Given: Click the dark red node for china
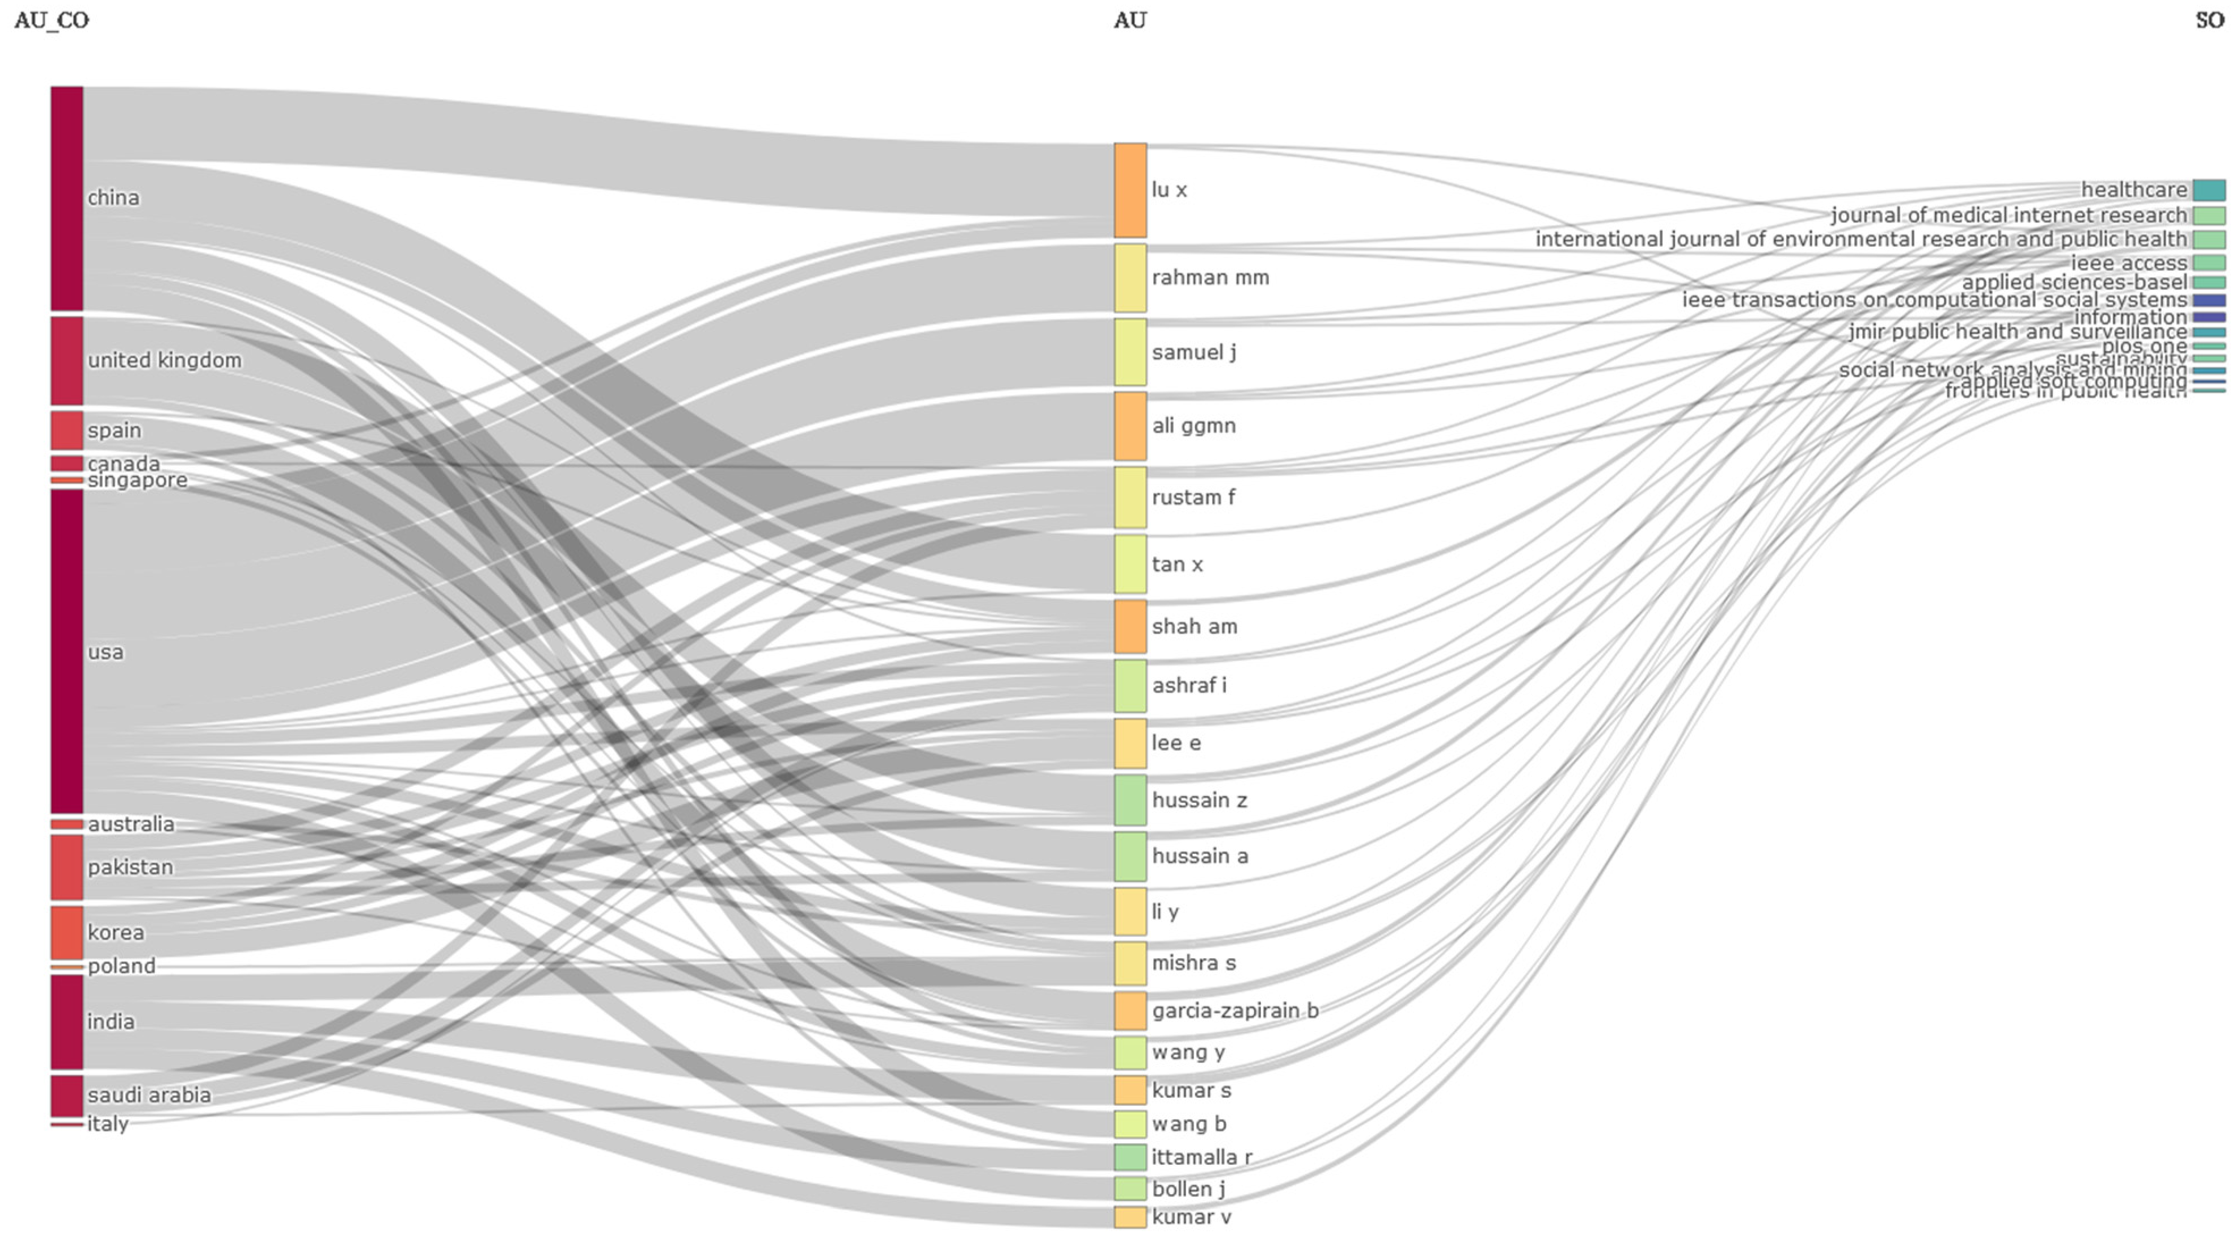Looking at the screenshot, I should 67,198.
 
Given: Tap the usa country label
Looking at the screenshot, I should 106,652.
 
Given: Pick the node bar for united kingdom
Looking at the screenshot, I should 67,360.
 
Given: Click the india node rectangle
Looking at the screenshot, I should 67,1022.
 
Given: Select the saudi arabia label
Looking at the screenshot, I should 149,1095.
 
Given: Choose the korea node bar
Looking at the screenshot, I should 67,932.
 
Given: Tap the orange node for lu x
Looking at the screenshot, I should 1130,190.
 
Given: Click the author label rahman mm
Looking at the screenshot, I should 1210,278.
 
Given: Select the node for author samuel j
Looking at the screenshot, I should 1130,352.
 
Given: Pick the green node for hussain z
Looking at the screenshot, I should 1130,801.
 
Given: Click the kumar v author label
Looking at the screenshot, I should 1191,1217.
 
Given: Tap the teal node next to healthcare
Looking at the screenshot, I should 2209,190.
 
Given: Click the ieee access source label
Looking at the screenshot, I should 2129,263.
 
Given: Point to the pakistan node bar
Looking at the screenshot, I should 67,868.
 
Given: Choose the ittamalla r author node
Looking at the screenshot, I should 1130,1157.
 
